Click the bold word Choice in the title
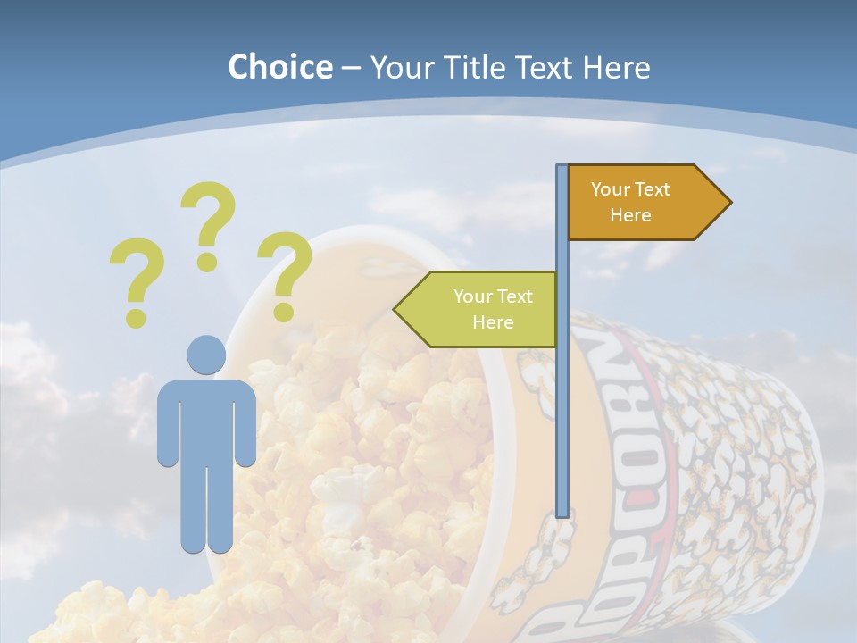pyautogui.click(x=279, y=67)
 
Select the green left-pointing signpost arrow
pyautogui.click(x=482, y=309)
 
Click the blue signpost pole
pyautogui.click(x=562, y=402)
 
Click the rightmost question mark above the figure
pyautogui.click(x=284, y=273)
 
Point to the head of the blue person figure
pyautogui.click(x=206, y=355)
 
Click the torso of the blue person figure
pyautogui.click(x=206, y=420)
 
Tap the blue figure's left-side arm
pyautogui.click(x=168, y=424)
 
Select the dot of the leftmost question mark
pyautogui.click(x=136, y=317)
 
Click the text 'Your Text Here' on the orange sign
pyautogui.click(x=630, y=202)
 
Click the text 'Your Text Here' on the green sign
pyautogui.click(x=493, y=309)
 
